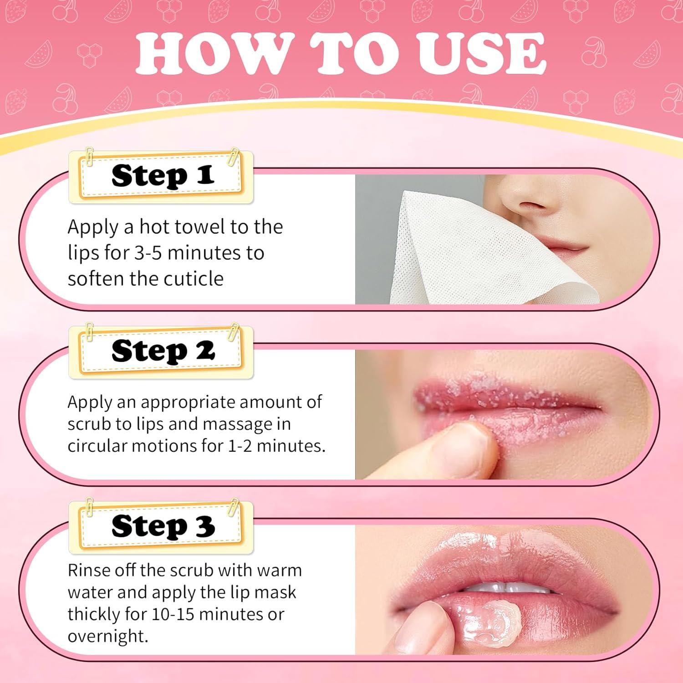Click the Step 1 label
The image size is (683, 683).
(163, 176)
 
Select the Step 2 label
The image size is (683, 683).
(163, 351)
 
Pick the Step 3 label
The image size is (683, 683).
(163, 526)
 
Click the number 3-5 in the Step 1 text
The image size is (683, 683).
(148, 253)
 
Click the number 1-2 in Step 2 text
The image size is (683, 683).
(240, 446)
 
